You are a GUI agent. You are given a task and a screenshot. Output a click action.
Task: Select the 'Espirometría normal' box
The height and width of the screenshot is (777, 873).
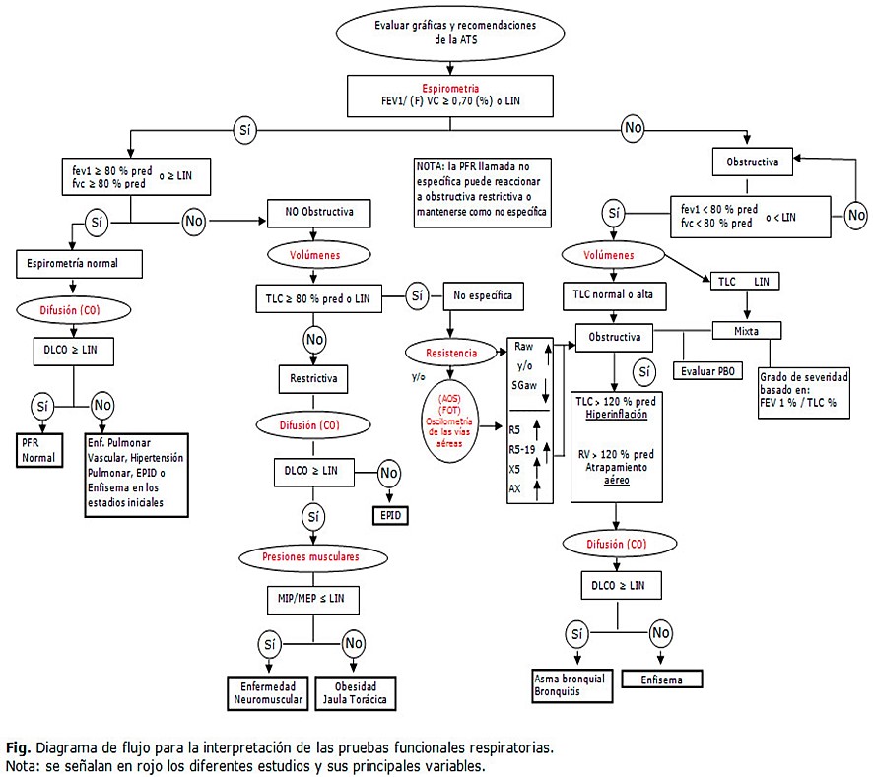coord(80,263)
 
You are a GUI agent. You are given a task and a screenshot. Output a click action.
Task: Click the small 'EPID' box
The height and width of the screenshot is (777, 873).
coord(388,515)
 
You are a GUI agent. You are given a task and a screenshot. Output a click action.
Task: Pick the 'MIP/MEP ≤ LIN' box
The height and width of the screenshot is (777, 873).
coord(310,599)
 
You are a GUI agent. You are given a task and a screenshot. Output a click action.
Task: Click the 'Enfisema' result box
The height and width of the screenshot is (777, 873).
coord(660,679)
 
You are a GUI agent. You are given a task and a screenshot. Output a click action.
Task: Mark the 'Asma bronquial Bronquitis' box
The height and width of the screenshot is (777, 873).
coord(571,684)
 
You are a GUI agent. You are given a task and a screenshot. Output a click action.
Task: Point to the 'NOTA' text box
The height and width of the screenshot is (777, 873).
coord(482,191)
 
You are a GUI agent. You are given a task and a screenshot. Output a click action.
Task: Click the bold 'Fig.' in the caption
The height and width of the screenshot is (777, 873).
coord(18,747)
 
